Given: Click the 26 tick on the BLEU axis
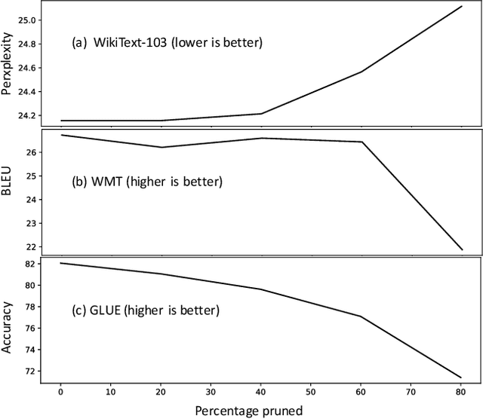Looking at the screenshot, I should point(30,152).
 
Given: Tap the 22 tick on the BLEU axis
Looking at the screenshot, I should point(30,246).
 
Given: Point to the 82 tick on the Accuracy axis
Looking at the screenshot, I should point(30,264).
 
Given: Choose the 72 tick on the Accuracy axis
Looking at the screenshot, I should point(30,371).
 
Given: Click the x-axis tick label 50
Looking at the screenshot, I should point(312,392).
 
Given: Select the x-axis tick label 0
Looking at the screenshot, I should point(61,392).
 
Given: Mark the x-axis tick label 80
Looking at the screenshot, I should point(462,392).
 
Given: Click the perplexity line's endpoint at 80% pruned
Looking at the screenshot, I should point(462,6).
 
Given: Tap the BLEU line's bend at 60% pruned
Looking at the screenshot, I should point(362,142).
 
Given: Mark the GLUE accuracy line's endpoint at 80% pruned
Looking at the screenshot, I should point(462,378).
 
